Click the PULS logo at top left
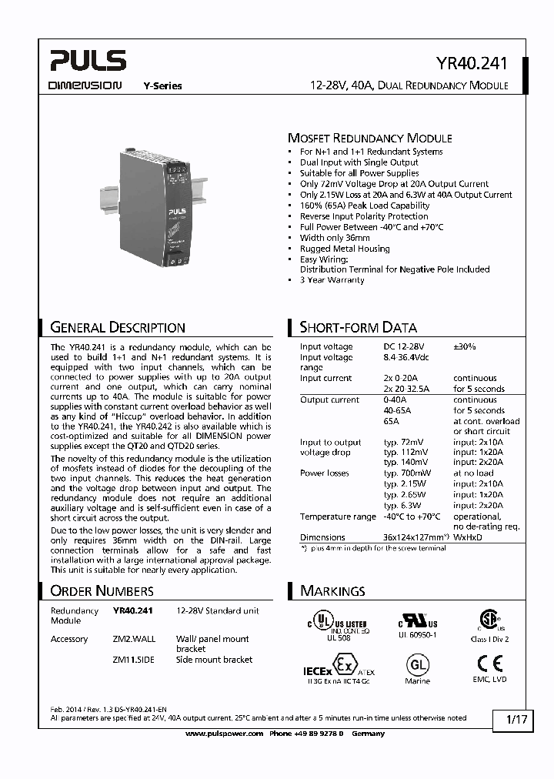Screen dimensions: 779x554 [x=86, y=61]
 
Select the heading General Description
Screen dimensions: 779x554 [x=118, y=327]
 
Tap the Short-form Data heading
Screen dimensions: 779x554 [x=358, y=327]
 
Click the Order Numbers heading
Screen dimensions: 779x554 [x=102, y=590]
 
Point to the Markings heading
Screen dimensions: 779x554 [x=332, y=590]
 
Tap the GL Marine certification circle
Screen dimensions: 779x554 [x=418, y=664]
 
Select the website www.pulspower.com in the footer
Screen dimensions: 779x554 [x=225, y=734]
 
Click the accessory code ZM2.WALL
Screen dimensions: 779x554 [x=134, y=639]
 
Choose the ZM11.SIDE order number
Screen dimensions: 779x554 [x=134, y=660]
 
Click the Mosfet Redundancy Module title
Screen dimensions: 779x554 [x=369, y=139]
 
